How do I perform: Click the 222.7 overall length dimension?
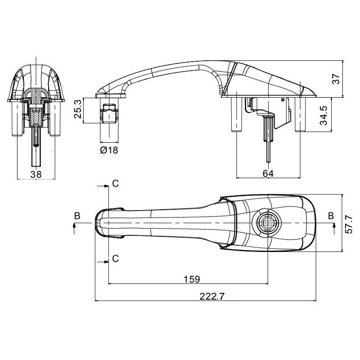(x=211, y=296)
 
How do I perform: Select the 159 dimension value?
(x=192, y=279)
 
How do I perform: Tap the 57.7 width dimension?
(x=349, y=224)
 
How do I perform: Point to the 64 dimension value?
(x=268, y=173)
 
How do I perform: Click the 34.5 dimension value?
(x=324, y=116)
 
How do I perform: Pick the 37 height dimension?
(x=336, y=79)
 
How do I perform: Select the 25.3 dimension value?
(x=78, y=109)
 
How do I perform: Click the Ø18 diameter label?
(x=109, y=150)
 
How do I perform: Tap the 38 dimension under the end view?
(x=36, y=174)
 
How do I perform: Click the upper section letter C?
(x=116, y=184)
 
